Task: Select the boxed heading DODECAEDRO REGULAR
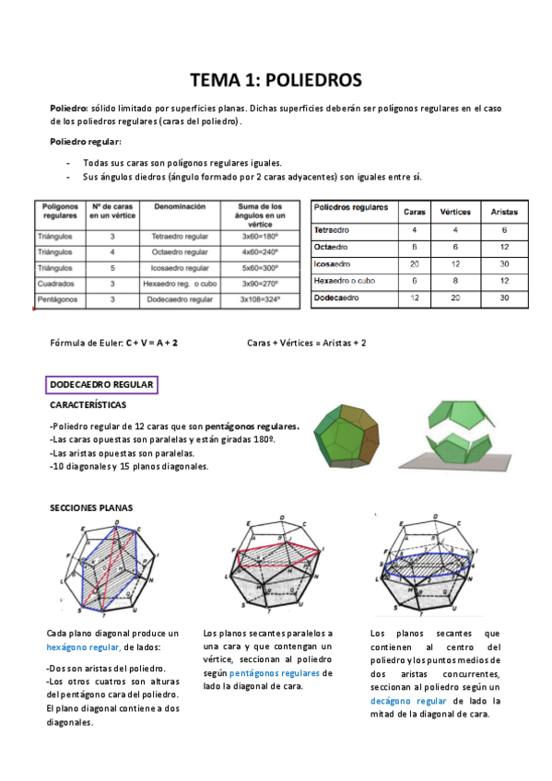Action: click(101, 385)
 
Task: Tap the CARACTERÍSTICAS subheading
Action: click(88, 405)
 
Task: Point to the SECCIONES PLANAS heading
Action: click(90, 507)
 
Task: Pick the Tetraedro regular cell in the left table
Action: click(180, 236)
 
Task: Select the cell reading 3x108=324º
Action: click(261, 299)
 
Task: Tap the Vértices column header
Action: click(455, 211)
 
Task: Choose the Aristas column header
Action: click(504, 211)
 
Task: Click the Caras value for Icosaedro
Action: click(415, 263)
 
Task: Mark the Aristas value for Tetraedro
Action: click(504, 229)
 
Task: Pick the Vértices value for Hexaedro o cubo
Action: click(455, 281)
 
